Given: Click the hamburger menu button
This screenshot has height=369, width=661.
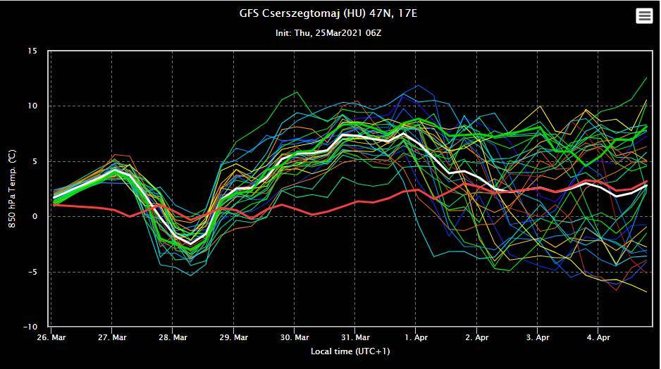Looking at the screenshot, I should click(644, 15).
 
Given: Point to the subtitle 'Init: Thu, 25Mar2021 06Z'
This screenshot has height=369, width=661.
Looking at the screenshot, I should click(328, 32).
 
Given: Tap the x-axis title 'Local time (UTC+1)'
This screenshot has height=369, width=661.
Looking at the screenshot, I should click(350, 351).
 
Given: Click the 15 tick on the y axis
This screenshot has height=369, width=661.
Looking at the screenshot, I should click(32, 51).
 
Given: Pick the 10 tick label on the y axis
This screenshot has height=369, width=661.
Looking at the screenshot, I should click(32, 106).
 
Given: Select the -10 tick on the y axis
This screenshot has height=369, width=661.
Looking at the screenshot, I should click(31, 327).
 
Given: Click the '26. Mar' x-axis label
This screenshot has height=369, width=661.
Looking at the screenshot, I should click(53, 337).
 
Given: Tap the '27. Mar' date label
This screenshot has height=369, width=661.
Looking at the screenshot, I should click(113, 337).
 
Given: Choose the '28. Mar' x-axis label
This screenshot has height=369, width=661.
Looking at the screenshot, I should click(173, 337).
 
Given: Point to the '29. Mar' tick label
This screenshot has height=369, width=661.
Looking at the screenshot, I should click(234, 337).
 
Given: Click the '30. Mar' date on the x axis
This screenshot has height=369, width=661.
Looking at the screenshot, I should click(295, 337).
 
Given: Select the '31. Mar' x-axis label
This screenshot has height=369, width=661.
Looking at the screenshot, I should click(355, 337).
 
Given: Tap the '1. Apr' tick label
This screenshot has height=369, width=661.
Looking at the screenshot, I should click(416, 337).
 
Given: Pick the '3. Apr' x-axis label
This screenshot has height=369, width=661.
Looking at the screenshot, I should click(537, 337).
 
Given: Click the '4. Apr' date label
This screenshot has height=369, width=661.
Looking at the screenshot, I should click(598, 337).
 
